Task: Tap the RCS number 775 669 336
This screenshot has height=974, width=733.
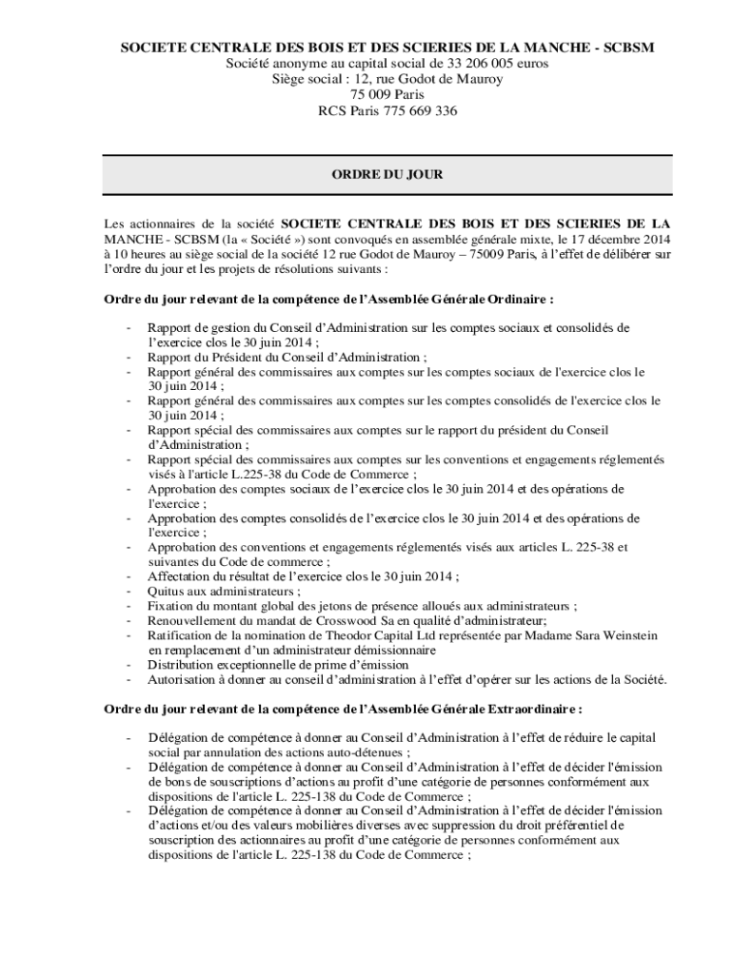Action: pyautogui.click(x=418, y=110)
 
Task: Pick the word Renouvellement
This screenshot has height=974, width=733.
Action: pyautogui.click(x=190, y=620)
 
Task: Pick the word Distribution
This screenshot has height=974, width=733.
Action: pyautogui.click(x=181, y=665)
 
